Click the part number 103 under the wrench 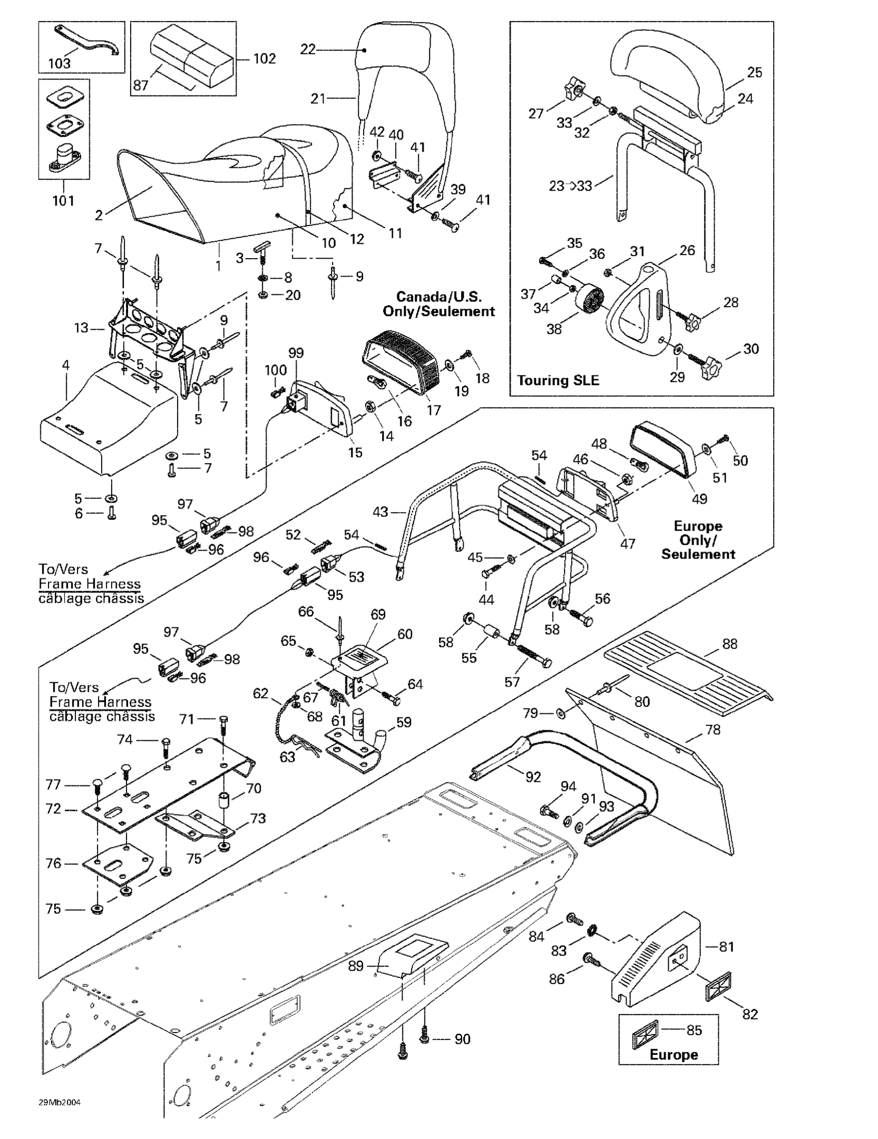pos(59,63)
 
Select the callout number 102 pos(264,58)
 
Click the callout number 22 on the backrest pos(308,50)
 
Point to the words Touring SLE pos(558,380)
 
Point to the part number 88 pos(730,644)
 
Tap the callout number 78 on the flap pos(712,730)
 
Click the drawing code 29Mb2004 pos(59,1102)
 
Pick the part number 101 pos(63,200)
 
